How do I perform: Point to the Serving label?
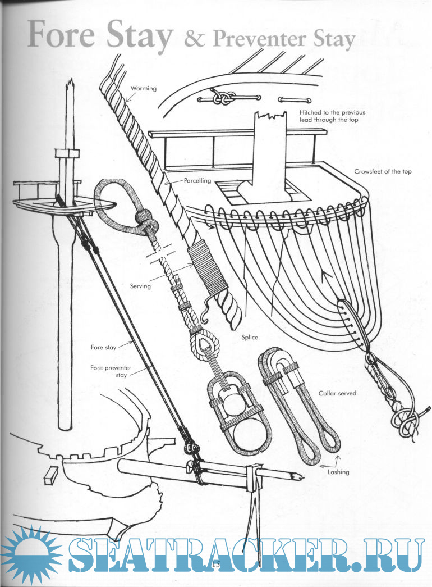pos(140,286)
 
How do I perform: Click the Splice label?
pos(249,338)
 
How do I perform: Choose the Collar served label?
pos(337,394)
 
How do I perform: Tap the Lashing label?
pos(338,472)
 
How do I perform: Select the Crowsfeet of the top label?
pos(383,171)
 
